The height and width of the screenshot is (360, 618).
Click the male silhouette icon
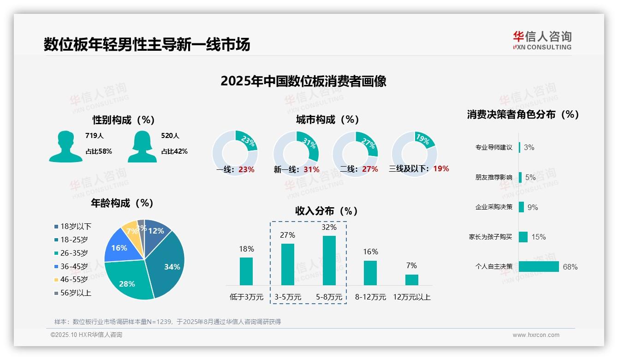pos(65,146)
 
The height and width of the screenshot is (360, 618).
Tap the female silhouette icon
pos(142,146)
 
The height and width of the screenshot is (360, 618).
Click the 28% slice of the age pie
pos(128,282)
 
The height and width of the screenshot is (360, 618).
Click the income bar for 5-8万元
pos(329,260)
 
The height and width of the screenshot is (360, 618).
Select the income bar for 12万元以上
pos(411,280)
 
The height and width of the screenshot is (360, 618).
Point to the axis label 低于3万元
pos(246,297)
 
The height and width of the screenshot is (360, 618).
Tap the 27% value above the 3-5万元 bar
pos(287,235)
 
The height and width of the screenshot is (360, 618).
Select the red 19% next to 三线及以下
pos(441,168)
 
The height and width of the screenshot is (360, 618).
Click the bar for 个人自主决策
pos(539,266)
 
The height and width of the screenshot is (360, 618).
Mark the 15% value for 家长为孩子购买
pos(538,237)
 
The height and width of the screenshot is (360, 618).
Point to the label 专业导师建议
pos(493,147)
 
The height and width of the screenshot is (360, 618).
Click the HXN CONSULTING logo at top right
pos(542,41)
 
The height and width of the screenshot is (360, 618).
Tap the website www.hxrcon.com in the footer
pos(536,335)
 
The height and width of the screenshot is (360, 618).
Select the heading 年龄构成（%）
pos(122,203)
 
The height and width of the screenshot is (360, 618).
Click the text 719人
pos(95,136)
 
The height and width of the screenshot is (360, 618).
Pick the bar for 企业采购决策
pos(521,207)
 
